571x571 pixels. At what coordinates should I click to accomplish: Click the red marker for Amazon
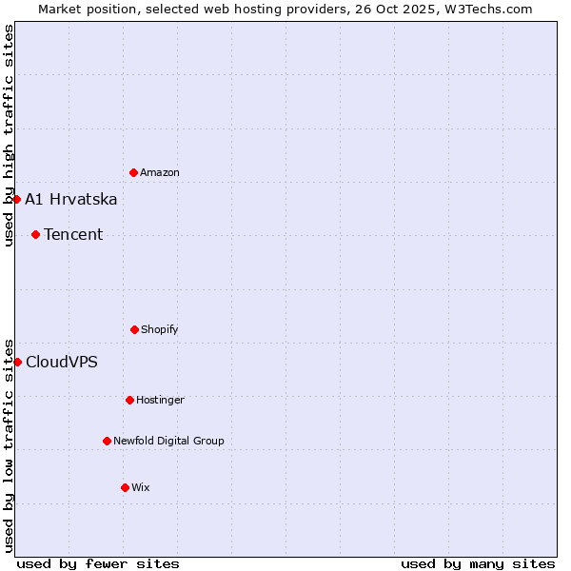[x=133, y=172]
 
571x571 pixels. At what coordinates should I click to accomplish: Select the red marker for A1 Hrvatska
[x=16, y=199]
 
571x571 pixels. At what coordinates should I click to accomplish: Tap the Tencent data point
[x=35, y=234]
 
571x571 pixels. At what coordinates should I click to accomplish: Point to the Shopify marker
[x=134, y=329]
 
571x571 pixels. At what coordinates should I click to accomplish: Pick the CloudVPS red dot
[x=17, y=362]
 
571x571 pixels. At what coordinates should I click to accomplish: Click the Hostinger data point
[x=129, y=400]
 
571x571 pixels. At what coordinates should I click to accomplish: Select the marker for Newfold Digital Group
[x=107, y=441]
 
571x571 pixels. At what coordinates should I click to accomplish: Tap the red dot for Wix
[x=125, y=487]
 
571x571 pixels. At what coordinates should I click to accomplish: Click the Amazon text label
[x=160, y=173]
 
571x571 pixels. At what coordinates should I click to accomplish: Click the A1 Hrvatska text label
[x=71, y=199]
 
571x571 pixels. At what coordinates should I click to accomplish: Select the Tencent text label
[x=73, y=235]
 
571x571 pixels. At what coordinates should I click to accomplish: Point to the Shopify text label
[x=160, y=330]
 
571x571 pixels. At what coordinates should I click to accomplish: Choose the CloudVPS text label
[x=62, y=363]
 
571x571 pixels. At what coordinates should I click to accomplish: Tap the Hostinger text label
[x=160, y=401]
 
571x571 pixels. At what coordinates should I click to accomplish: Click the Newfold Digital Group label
[x=168, y=442]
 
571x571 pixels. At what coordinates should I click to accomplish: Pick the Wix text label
[x=141, y=488]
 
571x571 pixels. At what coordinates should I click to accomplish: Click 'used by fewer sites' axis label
[x=98, y=563]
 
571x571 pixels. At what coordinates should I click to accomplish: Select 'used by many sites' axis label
[x=478, y=563]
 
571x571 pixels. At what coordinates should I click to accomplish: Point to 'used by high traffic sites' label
[x=9, y=135]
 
